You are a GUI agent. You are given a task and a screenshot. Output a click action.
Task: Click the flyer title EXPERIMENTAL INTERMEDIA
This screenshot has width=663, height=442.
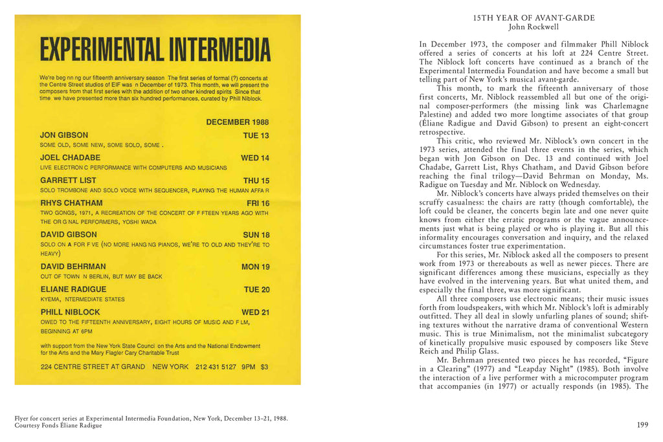155,50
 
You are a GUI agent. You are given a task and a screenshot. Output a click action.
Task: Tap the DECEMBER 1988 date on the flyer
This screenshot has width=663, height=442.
237,122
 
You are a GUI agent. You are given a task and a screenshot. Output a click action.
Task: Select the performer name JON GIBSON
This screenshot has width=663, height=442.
64,135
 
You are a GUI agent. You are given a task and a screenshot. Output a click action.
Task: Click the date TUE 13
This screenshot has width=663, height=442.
256,136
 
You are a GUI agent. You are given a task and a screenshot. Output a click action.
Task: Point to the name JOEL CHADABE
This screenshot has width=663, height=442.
70,157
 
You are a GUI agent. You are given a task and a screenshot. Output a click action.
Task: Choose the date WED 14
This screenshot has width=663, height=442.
255,158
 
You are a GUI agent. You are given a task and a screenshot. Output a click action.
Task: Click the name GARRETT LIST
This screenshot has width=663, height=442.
68,180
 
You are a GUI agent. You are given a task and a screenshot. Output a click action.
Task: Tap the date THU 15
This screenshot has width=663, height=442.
256,181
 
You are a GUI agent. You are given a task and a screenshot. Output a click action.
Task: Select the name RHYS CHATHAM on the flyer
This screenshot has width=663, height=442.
71,203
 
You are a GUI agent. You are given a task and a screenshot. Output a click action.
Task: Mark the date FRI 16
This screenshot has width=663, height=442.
258,203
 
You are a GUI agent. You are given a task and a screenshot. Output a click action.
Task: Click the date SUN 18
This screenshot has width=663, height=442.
255,235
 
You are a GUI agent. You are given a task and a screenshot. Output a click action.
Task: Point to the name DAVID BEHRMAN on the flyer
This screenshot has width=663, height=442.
73,266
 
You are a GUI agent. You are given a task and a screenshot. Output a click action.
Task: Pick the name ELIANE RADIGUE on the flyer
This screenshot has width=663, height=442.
73,289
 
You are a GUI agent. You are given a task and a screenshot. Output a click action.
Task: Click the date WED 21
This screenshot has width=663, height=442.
255,313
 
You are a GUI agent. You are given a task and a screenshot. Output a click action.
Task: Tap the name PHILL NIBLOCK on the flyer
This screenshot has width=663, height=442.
70,312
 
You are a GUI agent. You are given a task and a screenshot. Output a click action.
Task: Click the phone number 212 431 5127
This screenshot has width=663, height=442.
216,366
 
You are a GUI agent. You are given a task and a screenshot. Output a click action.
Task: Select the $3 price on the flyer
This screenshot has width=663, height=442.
264,366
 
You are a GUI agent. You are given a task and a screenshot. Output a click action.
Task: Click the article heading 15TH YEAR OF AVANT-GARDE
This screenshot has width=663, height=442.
534,17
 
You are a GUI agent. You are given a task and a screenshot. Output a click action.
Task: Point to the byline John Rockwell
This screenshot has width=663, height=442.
534,27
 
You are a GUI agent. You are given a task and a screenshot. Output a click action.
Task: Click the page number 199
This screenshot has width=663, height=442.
642,425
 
